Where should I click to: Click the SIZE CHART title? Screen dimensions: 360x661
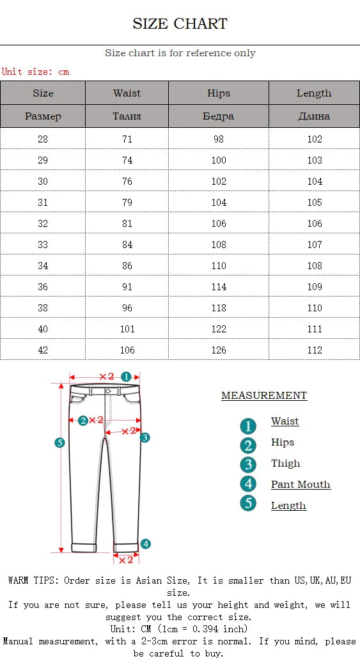coord(180,24)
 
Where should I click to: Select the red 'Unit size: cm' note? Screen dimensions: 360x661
coord(35,71)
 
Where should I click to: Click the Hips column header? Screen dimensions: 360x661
coord(218,93)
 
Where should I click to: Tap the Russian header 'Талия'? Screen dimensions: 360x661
coord(127,116)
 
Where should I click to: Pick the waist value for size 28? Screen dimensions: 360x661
coord(127,139)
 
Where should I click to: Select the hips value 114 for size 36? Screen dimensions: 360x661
coord(218,286)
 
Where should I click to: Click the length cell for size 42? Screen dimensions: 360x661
coord(315,350)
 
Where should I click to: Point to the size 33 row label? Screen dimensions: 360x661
coord(43,244)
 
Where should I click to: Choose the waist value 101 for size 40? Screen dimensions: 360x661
coord(127,329)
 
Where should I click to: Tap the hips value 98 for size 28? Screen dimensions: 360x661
coord(218,139)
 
